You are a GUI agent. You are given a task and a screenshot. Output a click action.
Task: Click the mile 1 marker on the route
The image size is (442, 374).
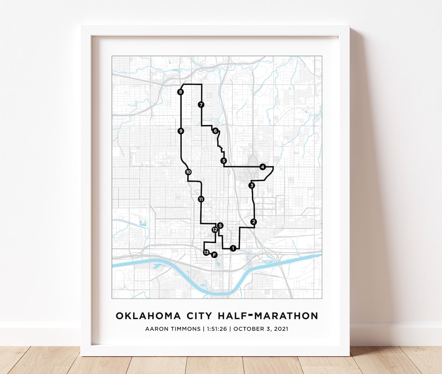tap(233, 248)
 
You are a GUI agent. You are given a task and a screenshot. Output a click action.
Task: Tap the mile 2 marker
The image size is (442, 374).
tap(254, 222)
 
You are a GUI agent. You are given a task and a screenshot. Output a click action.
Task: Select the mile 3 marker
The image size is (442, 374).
tap(252, 186)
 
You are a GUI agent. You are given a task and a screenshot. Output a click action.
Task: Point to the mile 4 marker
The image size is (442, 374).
tap(262, 167)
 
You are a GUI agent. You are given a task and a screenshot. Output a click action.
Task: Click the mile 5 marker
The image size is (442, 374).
tap(223, 161)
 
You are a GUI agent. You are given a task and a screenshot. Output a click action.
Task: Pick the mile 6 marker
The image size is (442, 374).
tap(215, 131)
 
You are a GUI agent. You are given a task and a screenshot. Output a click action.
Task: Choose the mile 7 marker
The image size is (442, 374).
tap(201, 105)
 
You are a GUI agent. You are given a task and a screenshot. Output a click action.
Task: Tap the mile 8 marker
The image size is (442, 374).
tap(180, 92)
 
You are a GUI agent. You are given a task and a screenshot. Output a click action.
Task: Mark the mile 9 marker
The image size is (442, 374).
tap(180, 131)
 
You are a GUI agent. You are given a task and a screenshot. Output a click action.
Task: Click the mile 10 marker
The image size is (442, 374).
tap(188, 172)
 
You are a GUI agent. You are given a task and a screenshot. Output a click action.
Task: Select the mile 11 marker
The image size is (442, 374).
tap(201, 199)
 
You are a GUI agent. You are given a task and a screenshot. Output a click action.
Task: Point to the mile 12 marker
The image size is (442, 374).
tap(214, 230)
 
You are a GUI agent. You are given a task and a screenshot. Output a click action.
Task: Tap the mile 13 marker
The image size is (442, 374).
tap(206, 252)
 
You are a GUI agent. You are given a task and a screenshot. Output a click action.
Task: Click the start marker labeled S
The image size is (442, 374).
tap(220, 225)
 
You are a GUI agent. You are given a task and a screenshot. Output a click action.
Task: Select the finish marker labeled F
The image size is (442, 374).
tap(214, 255)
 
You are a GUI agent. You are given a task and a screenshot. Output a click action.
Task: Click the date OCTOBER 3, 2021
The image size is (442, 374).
tap(261, 329)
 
